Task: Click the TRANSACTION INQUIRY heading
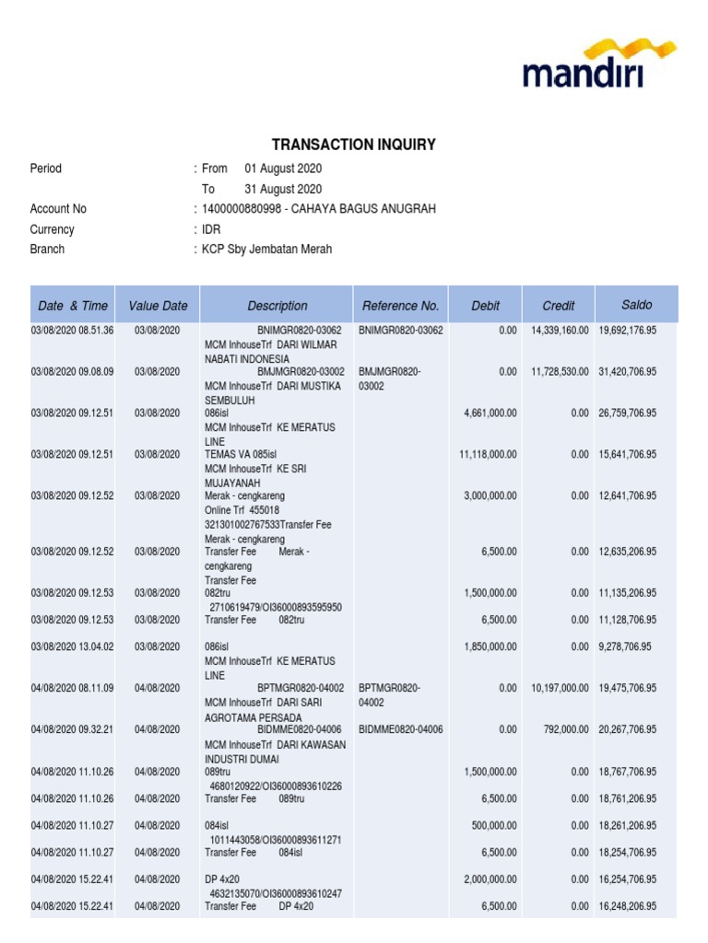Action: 353,145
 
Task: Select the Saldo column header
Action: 636,305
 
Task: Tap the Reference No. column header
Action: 400,306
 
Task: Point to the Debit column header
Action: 485,306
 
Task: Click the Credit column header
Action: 558,306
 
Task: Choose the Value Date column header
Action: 158,306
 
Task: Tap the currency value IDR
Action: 212,229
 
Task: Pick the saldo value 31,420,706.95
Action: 627,371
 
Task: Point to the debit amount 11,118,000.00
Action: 488,454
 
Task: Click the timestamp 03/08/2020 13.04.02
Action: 72,647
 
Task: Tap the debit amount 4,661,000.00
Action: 490,413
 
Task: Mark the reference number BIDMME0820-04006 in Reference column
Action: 401,729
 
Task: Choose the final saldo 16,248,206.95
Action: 627,906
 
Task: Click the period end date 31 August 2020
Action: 283,189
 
